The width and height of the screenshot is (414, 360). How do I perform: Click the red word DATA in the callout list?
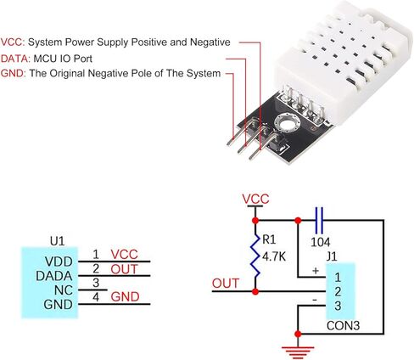(x=14, y=59)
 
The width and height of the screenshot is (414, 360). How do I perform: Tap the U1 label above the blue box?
(x=57, y=241)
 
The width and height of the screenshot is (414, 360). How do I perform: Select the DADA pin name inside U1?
(x=54, y=276)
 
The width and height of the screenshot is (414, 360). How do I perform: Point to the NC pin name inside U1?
(x=64, y=290)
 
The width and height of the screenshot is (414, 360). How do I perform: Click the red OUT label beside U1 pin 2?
(x=124, y=269)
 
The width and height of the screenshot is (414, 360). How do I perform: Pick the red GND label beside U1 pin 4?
(x=125, y=297)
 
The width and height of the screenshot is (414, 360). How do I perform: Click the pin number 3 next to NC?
(x=96, y=283)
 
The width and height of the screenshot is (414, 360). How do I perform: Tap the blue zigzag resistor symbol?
(x=255, y=256)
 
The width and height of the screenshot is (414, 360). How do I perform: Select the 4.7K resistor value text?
(x=274, y=257)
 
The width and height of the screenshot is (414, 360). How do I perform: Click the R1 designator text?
(x=269, y=239)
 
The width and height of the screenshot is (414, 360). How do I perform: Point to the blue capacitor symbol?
(x=319, y=220)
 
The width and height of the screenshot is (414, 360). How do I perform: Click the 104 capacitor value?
(x=321, y=242)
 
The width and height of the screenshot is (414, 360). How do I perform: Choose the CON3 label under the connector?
(x=343, y=326)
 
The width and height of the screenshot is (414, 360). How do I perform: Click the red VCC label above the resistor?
(x=255, y=199)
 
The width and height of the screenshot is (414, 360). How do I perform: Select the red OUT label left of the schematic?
(x=226, y=284)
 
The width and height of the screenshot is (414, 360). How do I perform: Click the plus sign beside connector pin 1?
(x=316, y=271)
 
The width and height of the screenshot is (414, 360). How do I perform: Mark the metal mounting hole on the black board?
(x=287, y=123)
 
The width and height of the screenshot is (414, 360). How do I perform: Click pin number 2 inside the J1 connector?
(x=338, y=292)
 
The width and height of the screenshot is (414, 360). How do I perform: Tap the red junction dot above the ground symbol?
(x=298, y=334)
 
